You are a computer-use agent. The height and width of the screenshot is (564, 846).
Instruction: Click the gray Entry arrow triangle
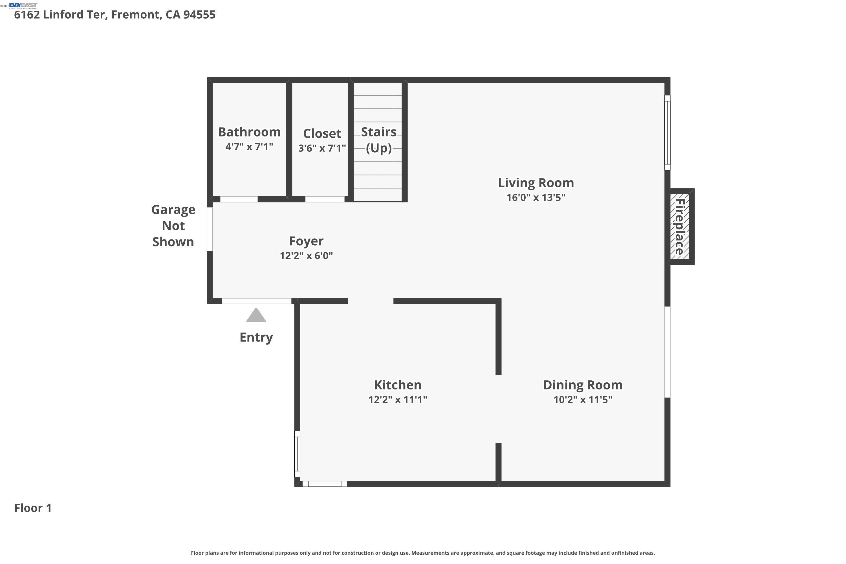(256, 316)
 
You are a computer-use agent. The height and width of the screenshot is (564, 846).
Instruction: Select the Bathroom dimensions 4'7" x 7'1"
(249, 147)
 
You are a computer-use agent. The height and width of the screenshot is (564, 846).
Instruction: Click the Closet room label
(322, 133)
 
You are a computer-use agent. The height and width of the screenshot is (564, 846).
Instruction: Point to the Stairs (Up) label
(378, 140)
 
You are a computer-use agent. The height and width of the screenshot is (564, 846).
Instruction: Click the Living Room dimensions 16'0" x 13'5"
(536, 197)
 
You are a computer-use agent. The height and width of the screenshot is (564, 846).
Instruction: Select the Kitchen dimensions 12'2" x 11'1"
(397, 400)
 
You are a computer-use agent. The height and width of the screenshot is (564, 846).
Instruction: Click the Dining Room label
(582, 385)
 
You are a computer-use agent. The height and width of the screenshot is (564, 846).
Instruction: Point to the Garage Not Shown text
(173, 226)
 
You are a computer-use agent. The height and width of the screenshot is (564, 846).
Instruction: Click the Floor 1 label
(33, 508)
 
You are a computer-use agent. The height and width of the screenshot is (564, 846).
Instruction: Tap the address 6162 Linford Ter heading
(114, 15)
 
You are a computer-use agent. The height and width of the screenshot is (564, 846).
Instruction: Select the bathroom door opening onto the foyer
(239, 199)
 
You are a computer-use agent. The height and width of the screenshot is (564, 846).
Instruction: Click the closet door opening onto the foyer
(325, 199)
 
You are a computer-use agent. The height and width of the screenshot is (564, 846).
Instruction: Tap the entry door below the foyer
(256, 301)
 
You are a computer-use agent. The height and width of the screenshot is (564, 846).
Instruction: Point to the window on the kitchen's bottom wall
(325, 484)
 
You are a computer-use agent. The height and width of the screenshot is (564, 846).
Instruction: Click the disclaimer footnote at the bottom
(423, 553)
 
